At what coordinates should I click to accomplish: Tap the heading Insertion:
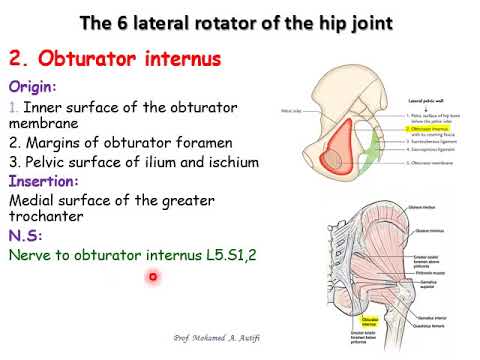click(x=46, y=182)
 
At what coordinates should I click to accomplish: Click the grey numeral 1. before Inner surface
click(x=13, y=106)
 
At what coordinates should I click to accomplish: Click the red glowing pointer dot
click(x=153, y=276)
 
